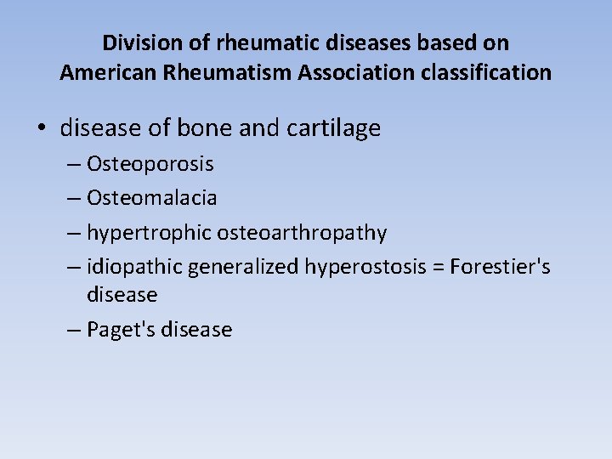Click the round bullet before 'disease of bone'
[42, 128]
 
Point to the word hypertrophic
[150, 232]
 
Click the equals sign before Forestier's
[438, 267]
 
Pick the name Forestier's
[501, 267]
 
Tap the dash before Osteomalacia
[74, 198]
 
